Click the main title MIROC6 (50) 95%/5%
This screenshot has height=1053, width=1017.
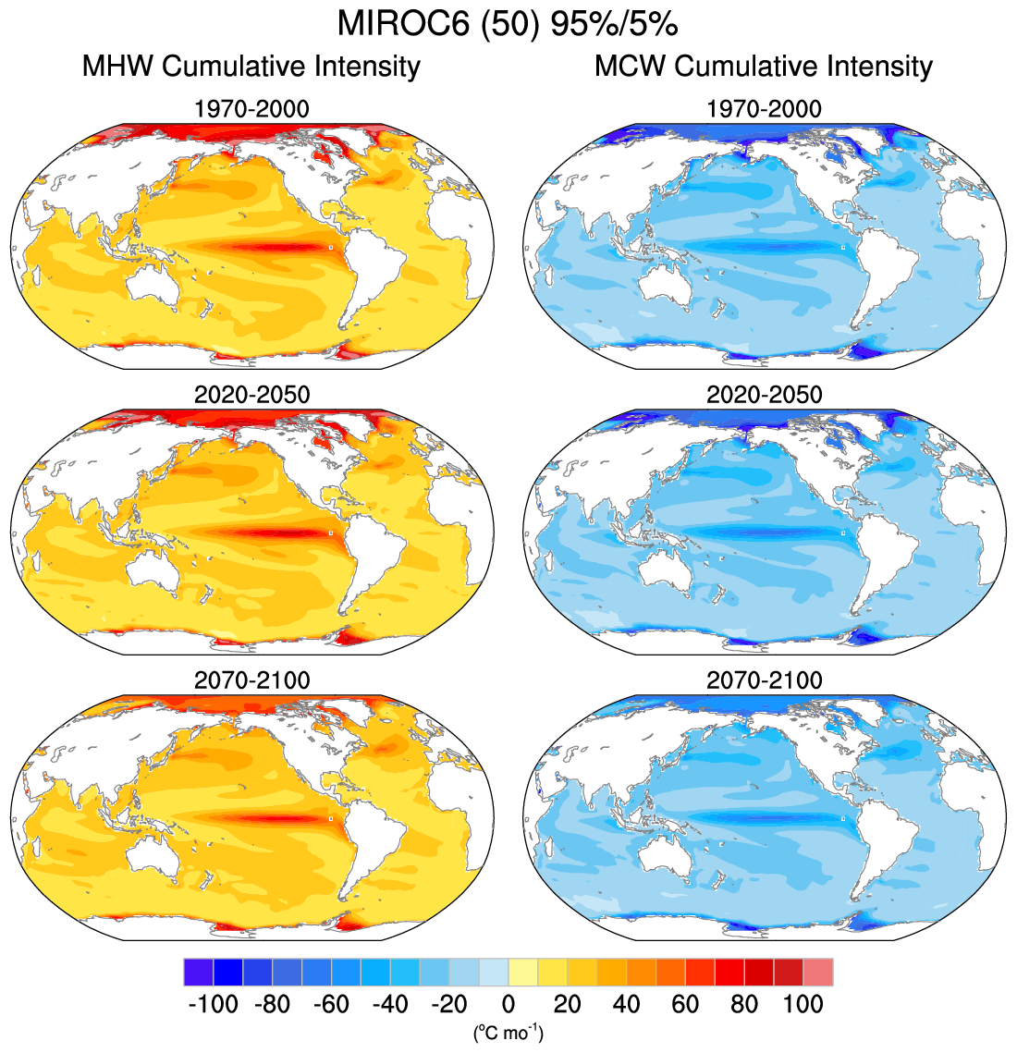[x=508, y=24]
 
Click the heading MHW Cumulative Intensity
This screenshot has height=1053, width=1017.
[x=251, y=67]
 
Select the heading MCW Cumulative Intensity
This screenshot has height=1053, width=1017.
[x=764, y=67]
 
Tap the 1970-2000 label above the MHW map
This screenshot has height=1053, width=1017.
[x=251, y=109]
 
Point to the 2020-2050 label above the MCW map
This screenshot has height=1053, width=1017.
[x=764, y=395]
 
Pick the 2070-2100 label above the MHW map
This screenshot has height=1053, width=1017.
[x=251, y=680]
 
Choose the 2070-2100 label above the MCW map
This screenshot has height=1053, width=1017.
[x=764, y=680]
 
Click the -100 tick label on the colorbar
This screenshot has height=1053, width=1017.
[x=213, y=1005]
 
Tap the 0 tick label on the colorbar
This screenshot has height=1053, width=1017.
[x=508, y=1005]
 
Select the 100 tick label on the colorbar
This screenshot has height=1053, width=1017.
[x=803, y=1005]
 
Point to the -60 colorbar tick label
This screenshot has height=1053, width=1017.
[x=330, y=1005]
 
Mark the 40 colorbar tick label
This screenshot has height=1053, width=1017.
[x=626, y=1005]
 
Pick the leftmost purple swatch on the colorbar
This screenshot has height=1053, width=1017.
[x=198, y=973]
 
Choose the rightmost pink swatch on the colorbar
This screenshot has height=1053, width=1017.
[x=818, y=973]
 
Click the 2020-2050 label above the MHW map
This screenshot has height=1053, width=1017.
[x=251, y=395]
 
